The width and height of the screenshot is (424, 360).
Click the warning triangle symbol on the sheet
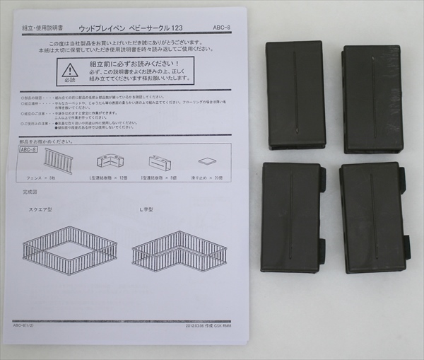pyautogui.click(x=69, y=71)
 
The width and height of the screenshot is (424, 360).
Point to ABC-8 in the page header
pyautogui.click(x=221, y=29)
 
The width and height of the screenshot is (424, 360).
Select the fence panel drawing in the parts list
pyautogui.click(x=58, y=161)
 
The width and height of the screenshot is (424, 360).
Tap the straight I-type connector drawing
pyautogui.click(x=160, y=162)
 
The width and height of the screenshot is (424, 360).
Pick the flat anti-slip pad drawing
pyautogui.click(x=207, y=161)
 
